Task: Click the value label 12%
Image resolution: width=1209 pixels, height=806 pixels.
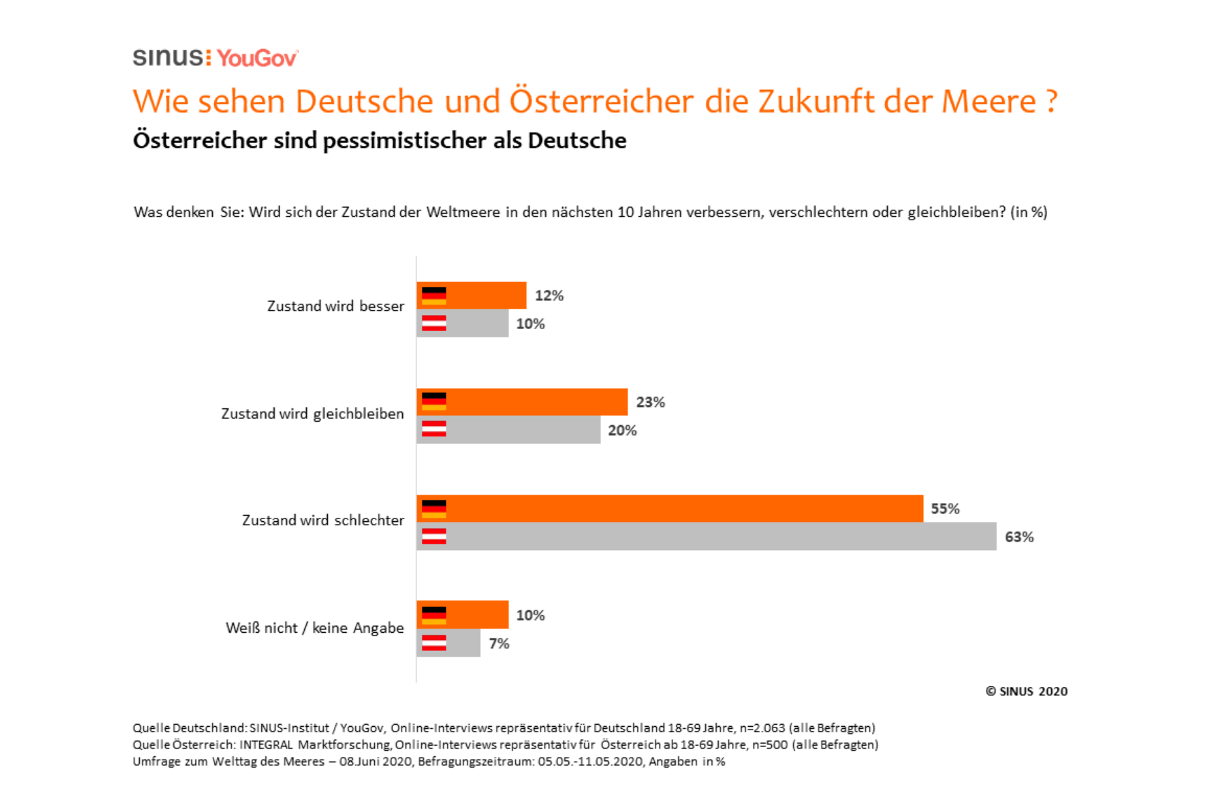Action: point(549,296)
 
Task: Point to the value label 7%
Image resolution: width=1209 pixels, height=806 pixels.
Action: point(499,643)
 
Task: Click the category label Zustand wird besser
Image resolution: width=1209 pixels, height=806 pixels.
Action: point(335,306)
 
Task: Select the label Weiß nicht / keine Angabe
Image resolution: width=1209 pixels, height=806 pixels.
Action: point(314,628)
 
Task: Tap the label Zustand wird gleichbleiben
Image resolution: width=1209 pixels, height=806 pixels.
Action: point(312,414)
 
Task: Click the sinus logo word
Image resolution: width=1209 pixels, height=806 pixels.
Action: point(168,58)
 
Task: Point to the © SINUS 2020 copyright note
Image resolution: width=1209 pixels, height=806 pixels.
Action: point(1026,691)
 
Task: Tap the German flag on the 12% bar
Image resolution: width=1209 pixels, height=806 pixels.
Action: point(434,296)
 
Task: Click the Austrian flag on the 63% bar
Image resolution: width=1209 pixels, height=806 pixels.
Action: point(434,537)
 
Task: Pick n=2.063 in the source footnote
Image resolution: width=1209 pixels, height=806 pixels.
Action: point(762,728)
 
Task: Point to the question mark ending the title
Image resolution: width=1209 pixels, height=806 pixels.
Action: point(1051,101)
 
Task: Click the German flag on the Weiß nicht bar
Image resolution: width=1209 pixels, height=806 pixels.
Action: point(434,615)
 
